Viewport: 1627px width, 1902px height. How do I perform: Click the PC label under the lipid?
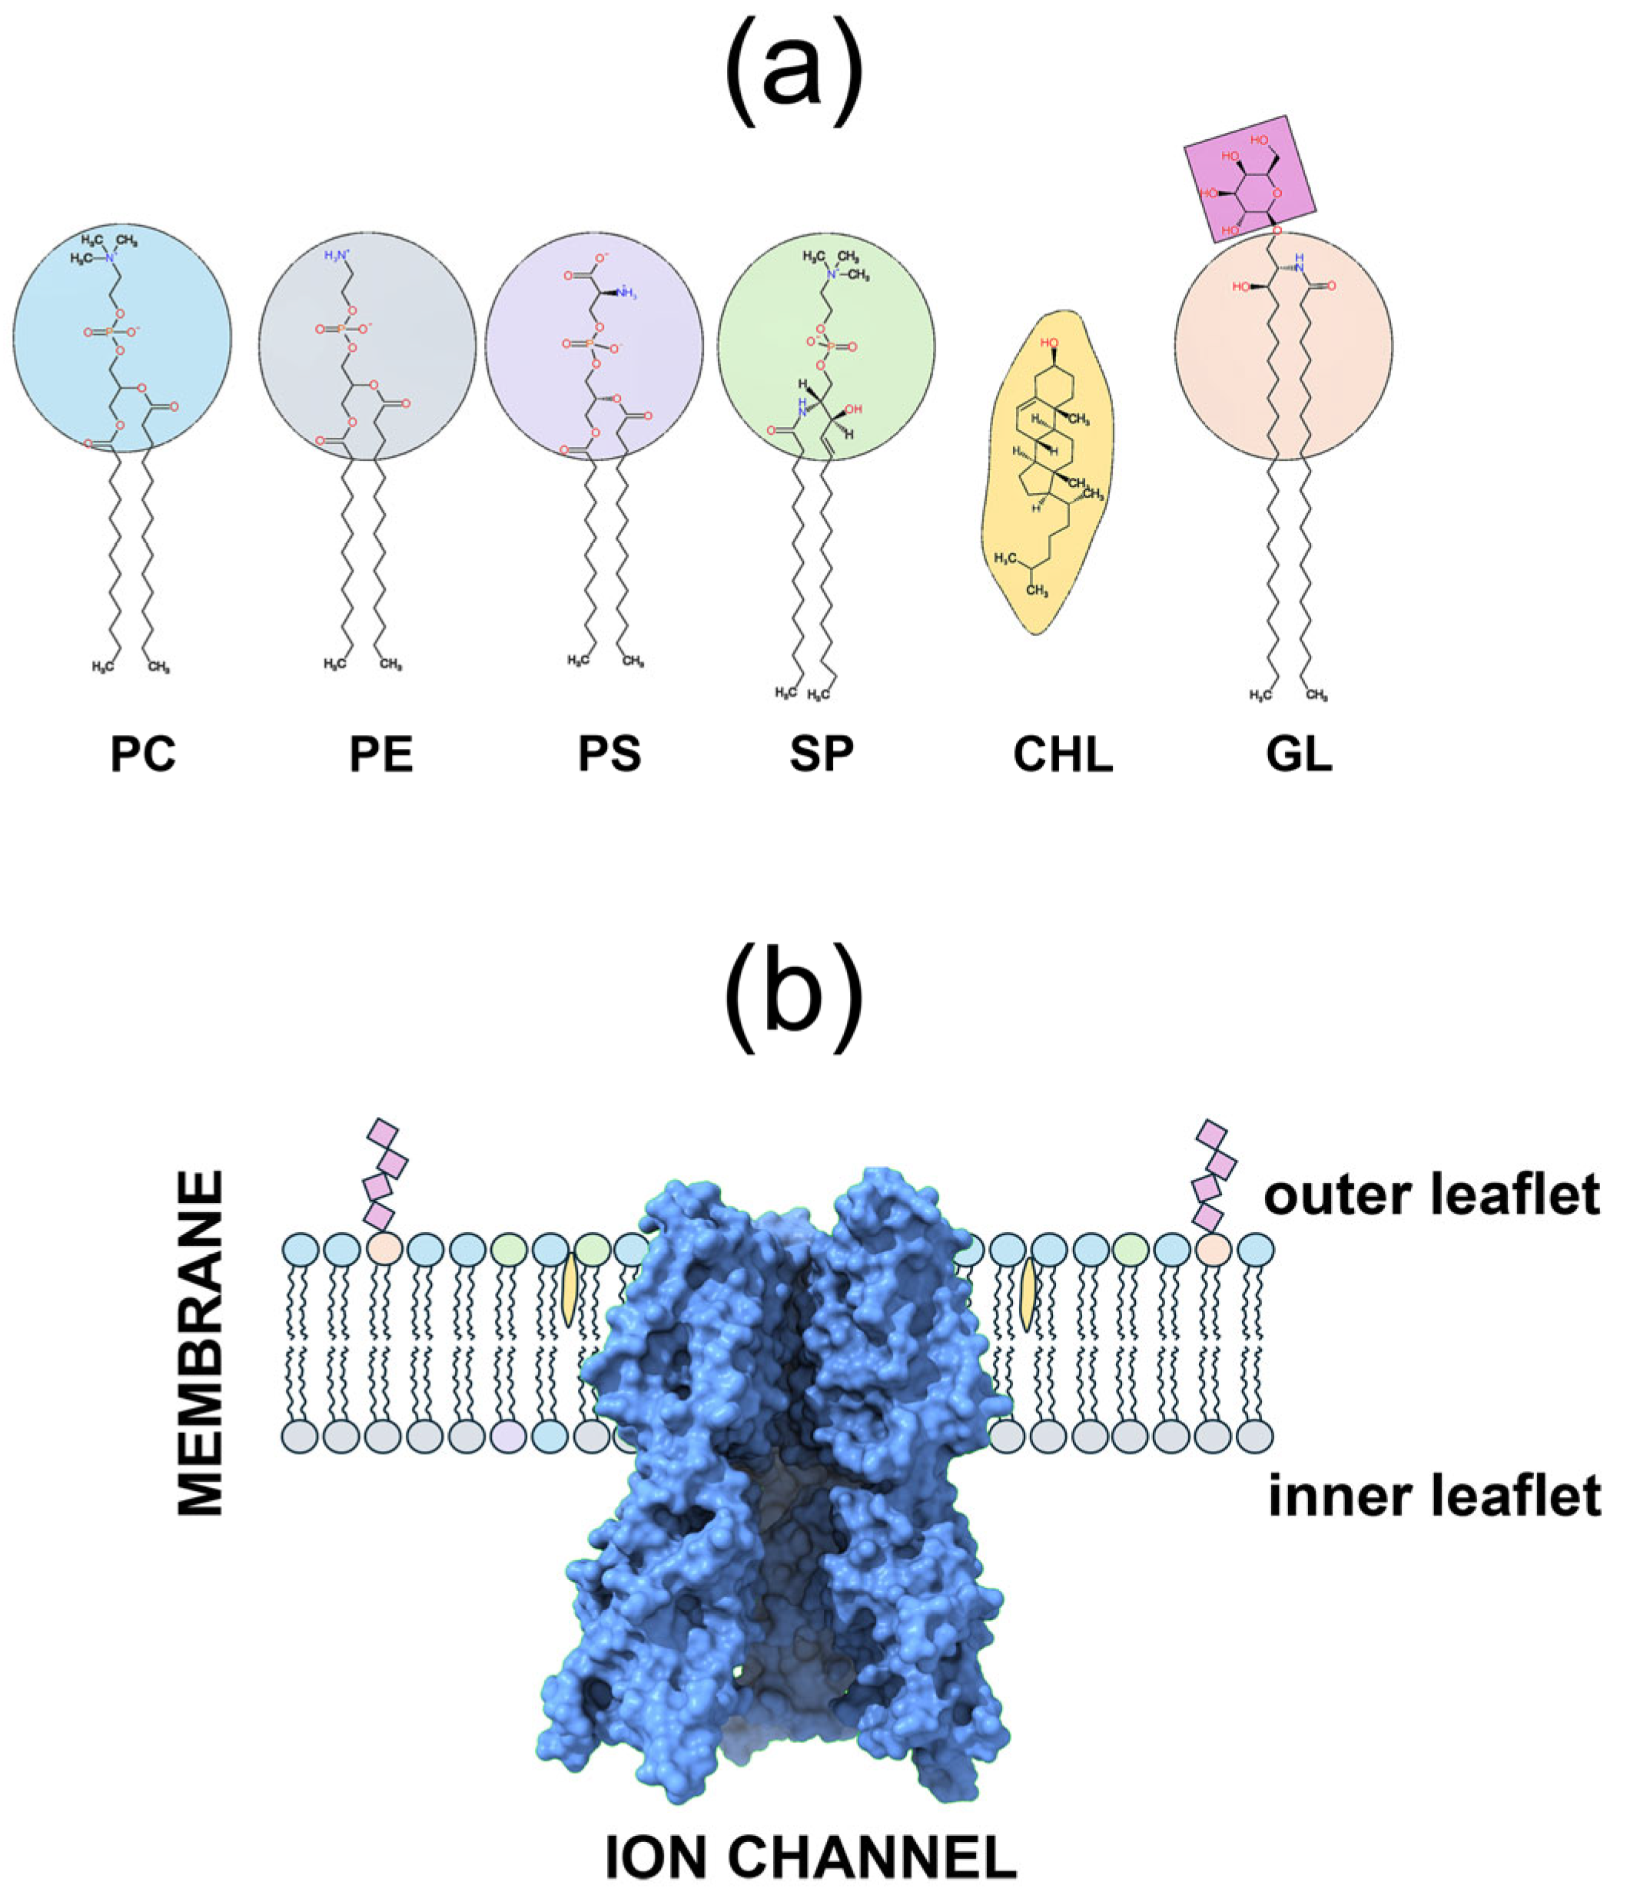[143, 755]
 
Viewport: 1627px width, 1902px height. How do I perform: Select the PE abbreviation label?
[381, 755]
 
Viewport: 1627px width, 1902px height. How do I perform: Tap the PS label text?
[609, 755]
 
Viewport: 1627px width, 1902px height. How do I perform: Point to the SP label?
[821, 755]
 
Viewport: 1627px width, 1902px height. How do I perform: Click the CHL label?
[1062, 755]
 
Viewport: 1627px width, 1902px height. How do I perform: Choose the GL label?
[1299, 755]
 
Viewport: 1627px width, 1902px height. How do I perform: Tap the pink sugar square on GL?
[1250, 179]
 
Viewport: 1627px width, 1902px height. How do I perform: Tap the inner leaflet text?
[1434, 1496]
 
